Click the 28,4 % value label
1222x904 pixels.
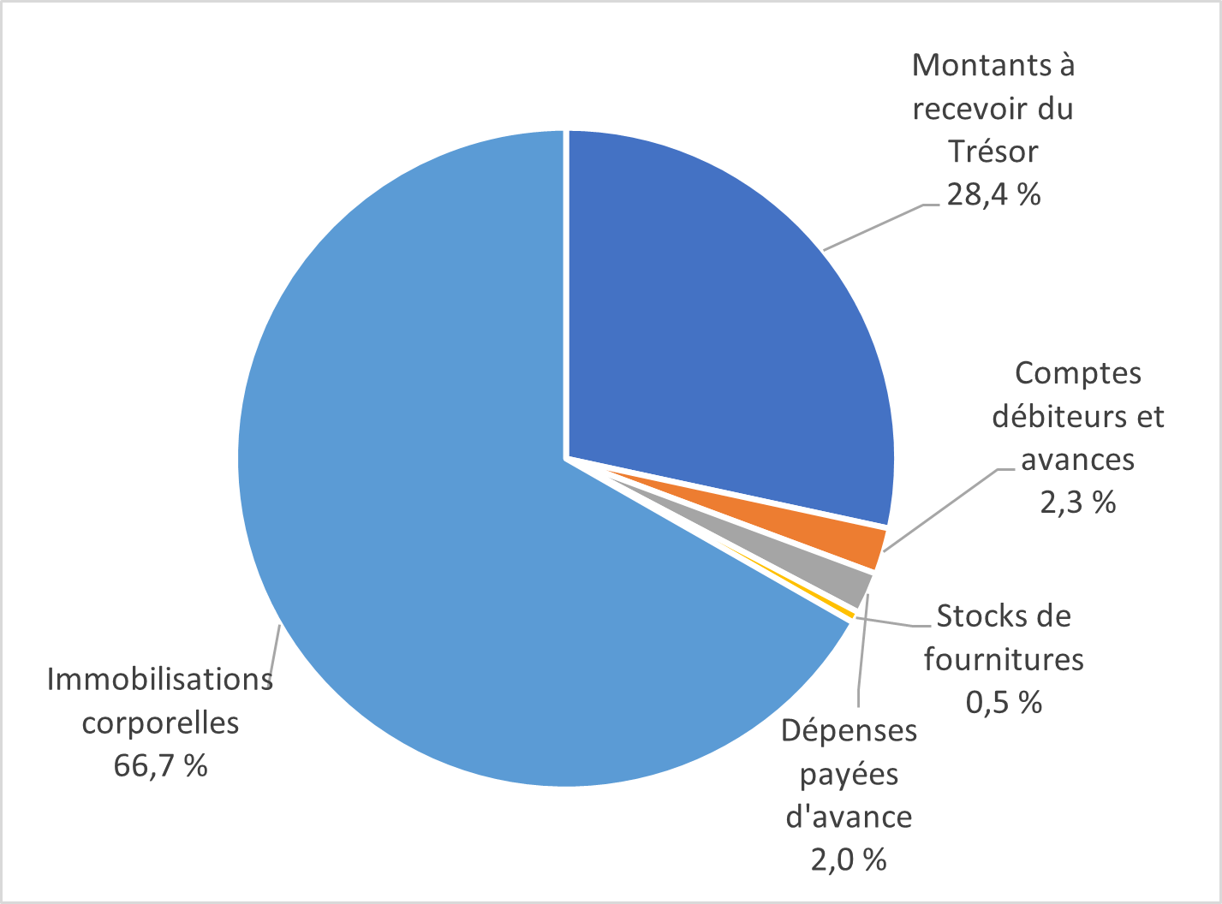993,195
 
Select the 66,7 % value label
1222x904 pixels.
160,765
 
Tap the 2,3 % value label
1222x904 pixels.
1078,502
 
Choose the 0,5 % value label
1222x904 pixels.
1004,702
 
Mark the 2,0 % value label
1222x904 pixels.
848,859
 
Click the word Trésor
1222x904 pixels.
993,152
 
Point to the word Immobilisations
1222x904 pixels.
160,680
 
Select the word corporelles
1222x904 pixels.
160,723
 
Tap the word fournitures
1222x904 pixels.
1004,659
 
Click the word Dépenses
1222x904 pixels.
849,730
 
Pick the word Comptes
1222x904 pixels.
1078,373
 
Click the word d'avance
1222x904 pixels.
849,816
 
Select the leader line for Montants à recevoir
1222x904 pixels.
873,227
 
